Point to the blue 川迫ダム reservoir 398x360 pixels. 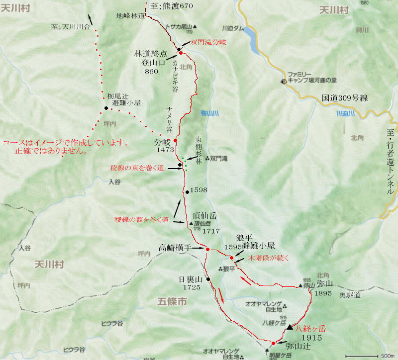tap(251, 39)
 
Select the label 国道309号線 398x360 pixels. tap(344, 98)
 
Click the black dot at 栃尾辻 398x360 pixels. tap(106, 108)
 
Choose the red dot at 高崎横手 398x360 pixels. tap(207, 249)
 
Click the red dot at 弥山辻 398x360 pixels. tap(273, 343)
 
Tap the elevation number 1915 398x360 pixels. tap(311, 337)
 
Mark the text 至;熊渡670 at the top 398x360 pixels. tap(170, 6)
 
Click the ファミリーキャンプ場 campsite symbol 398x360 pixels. tap(283, 81)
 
